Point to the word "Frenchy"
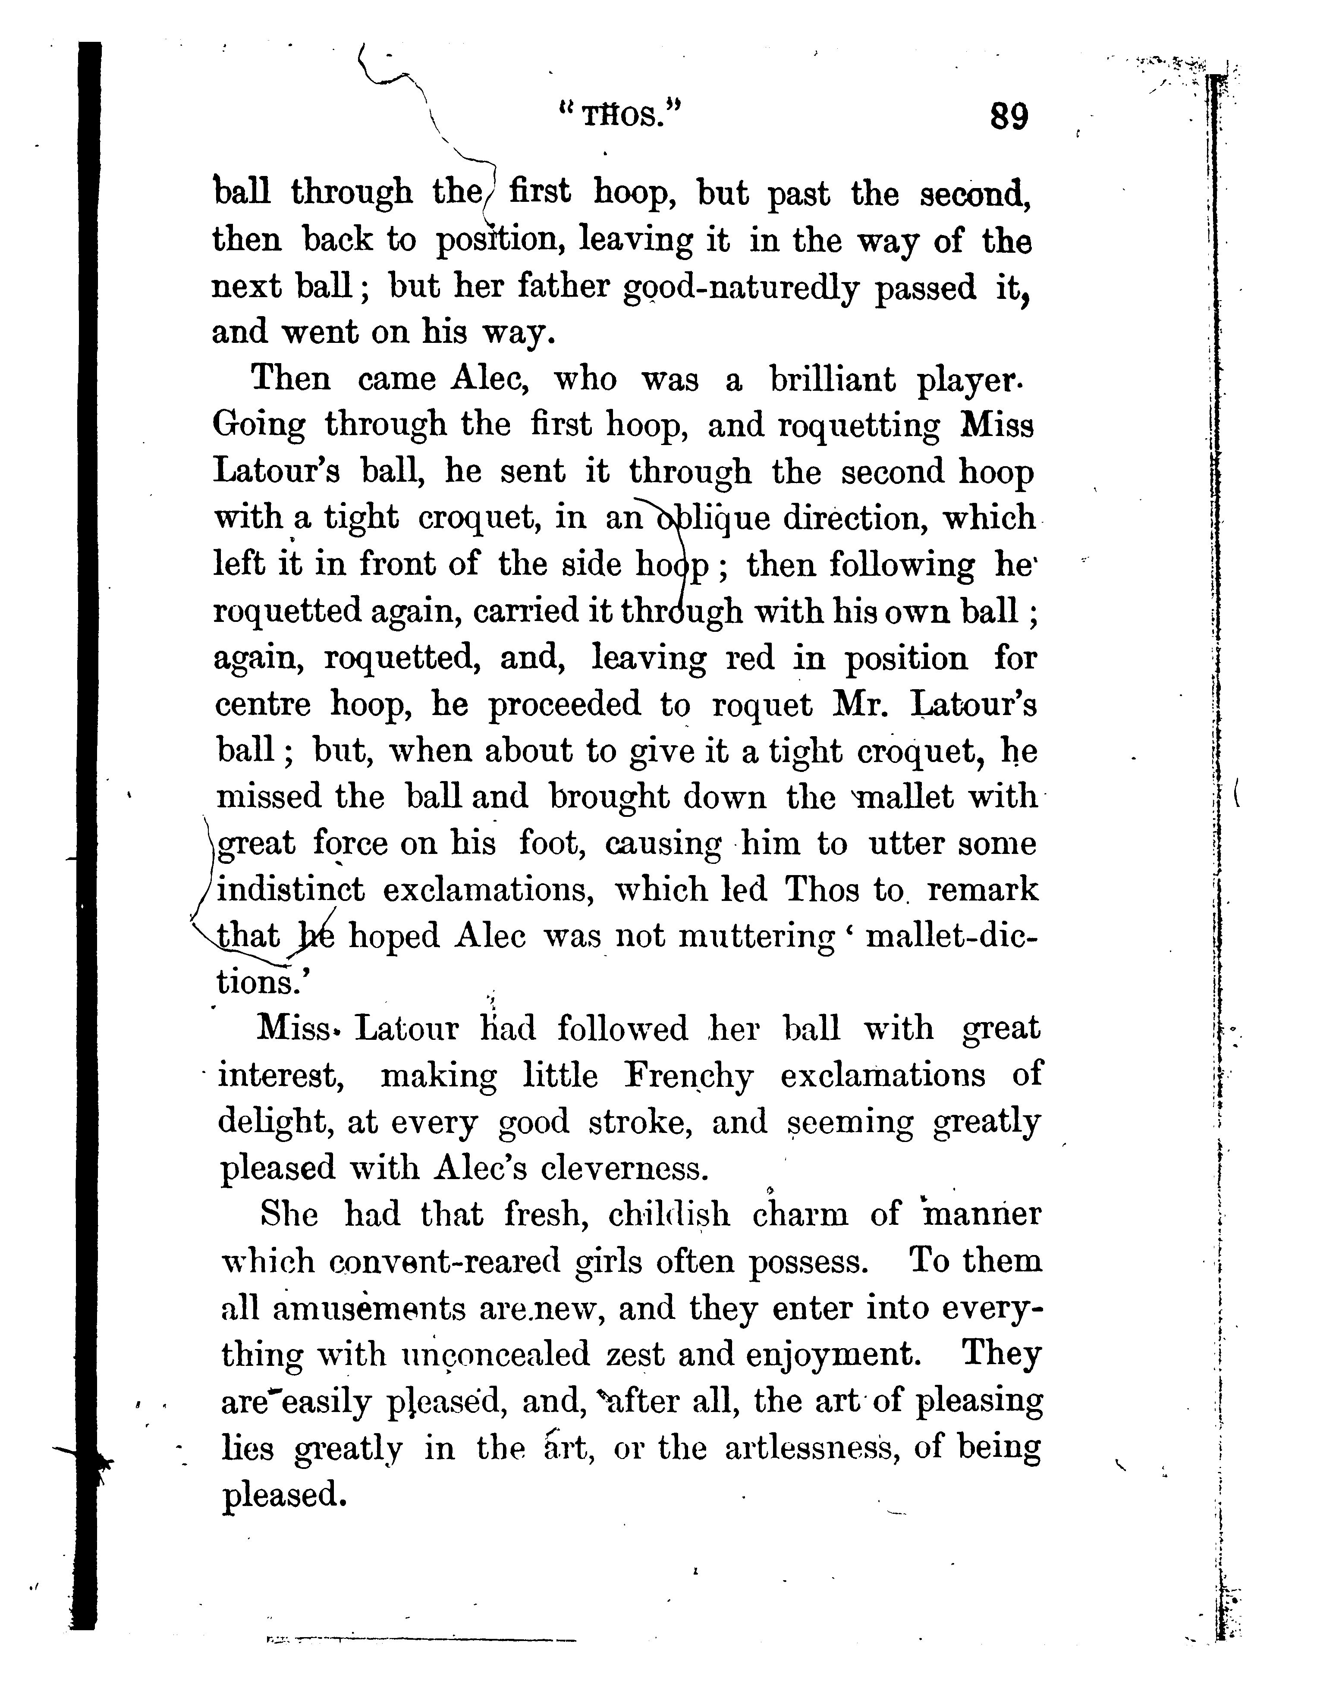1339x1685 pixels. pos(688,1076)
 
